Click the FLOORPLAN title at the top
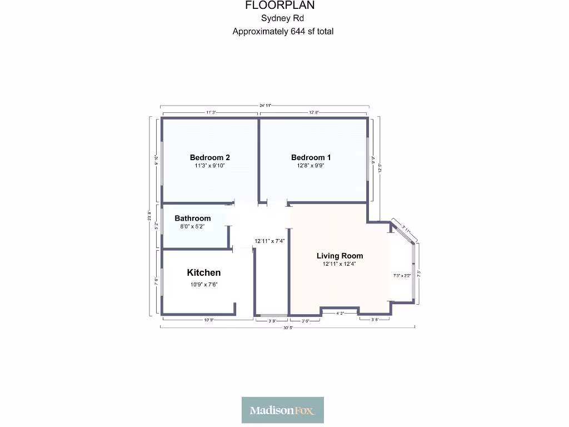[280, 6]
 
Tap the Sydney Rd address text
[282, 19]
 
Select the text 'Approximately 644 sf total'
[283, 32]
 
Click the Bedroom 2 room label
[209, 157]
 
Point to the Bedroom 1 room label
[311, 157]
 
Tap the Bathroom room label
[193, 219]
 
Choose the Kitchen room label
[203, 272]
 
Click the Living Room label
[340, 256]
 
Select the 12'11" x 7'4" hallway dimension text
[269, 241]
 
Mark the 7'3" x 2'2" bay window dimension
[402, 276]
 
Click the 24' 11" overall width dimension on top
[264, 106]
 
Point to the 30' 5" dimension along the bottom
[287, 328]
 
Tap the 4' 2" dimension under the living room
[340, 314]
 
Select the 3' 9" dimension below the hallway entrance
[271, 321]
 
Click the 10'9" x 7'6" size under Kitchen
[203, 285]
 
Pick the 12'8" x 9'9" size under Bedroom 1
[311, 166]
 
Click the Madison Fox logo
[283, 410]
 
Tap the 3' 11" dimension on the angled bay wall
[406, 229]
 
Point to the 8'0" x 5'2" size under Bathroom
[193, 226]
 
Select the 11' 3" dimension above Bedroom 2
[210, 112]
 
